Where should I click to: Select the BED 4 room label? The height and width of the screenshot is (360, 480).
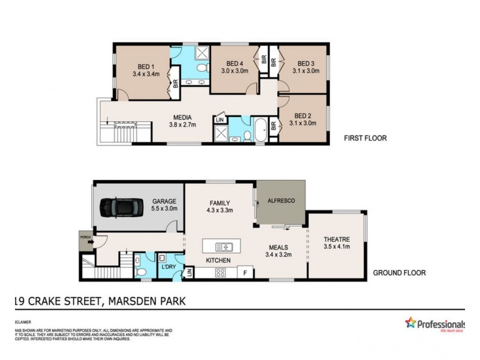pyautogui.click(x=235, y=64)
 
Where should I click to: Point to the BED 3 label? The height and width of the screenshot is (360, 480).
pyautogui.click(x=305, y=64)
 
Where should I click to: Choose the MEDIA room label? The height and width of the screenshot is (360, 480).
pyautogui.click(x=182, y=118)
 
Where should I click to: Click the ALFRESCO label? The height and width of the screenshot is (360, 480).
pyautogui.click(x=281, y=200)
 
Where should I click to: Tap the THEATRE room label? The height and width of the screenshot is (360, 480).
pyautogui.click(x=336, y=238)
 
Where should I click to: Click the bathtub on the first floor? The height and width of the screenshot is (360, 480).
pyautogui.click(x=262, y=131)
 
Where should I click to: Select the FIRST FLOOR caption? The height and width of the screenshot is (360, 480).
pyautogui.click(x=365, y=138)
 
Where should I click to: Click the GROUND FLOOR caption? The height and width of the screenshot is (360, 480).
pyautogui.click(x=399, y=272)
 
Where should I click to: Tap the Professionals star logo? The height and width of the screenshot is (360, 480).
pyautogui.click(x=410, y=323)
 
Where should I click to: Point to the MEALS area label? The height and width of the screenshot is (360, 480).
pyautogui.click(x=278, y=247)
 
